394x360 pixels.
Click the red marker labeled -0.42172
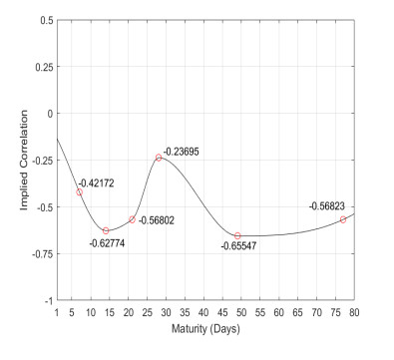pyautogui.click(x=79, y=191)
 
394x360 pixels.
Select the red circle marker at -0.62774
pyautogui.click(x=106, y=230)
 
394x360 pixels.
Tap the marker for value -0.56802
pyautogui.click(x=132, y=219)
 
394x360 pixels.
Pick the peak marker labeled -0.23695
pyautogui.click(x=159, y=158)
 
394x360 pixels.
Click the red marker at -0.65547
pyautogui.click(x=237, y=235)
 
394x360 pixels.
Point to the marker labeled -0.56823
pyautogui.click(x=343, y=219)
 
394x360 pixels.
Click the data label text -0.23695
pyautogui.click(x=183, y=151)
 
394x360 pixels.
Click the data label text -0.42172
pyautogui.click(x=98, y=181)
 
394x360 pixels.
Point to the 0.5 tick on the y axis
pyautogui.click(x=45, y=19)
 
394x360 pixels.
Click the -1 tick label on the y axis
pyautogui.click(x=47, y=300)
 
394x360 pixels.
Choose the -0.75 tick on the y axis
pyautogui.click(x=41, y=253)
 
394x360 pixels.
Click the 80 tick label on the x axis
pyautogui.click(x=354, y=311)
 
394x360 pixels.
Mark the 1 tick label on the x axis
pyautogui.click(x=57, y=311)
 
